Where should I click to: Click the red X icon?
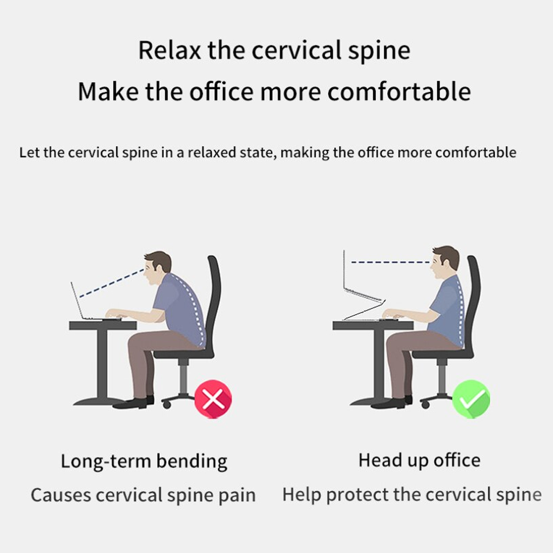213,399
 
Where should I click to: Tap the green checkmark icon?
471,399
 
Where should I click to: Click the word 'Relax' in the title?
169,50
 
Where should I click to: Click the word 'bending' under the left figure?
192,461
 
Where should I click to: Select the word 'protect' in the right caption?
358,495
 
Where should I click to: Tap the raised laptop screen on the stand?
361,276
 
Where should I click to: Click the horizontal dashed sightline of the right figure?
390,262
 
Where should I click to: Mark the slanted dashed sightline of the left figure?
111,283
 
